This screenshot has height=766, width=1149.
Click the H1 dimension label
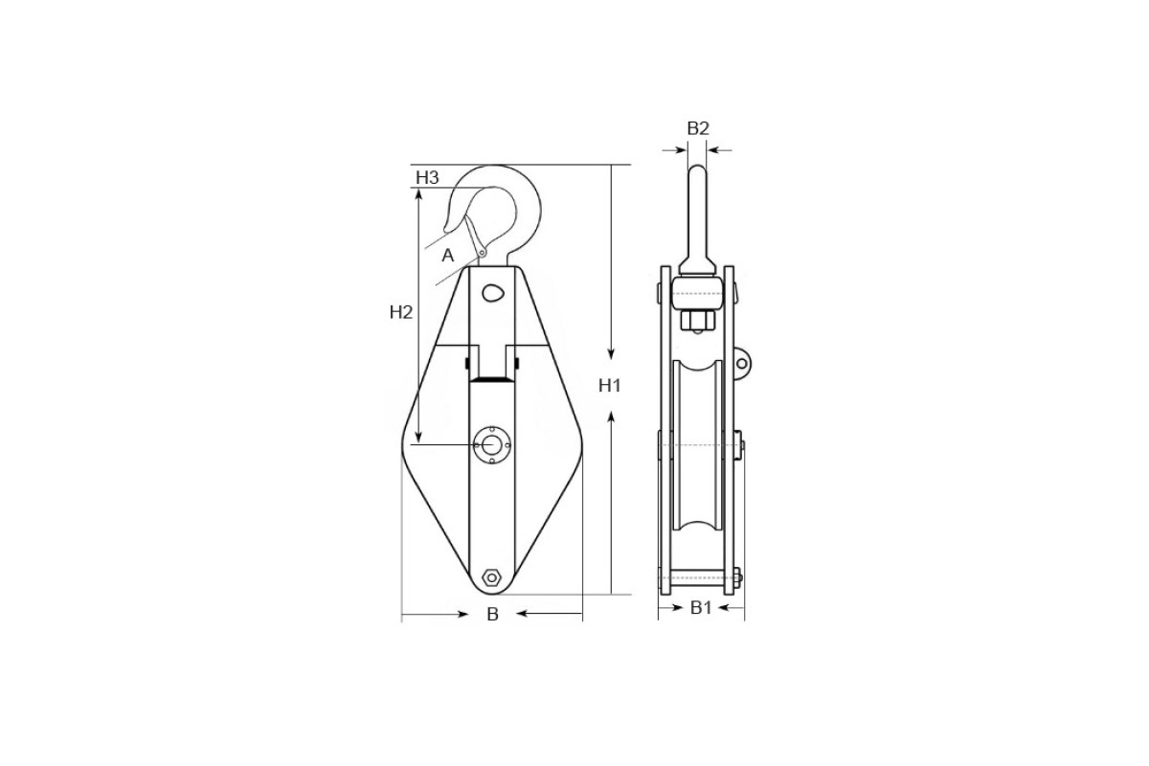pos(609,385)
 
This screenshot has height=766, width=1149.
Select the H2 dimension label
pos(400,312)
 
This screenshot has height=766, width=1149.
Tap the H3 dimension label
pos(427,177)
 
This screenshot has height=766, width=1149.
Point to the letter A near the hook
pos(448,255)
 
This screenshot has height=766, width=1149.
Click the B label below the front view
pos(492,614)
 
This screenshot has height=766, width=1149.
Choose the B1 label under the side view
pos(701,608)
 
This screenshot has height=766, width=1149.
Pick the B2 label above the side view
pos(698,128)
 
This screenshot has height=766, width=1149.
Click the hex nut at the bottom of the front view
pos(492,577)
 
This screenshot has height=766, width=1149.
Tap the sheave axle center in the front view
pos(492,444)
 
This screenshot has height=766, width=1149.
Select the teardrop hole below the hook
pos(493,294)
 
